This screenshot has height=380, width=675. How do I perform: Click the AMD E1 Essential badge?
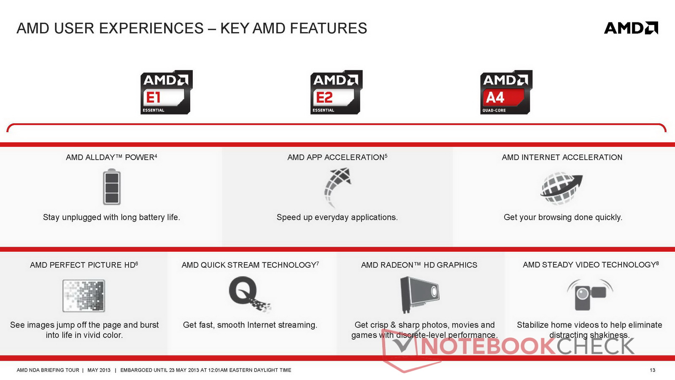pyautogui.click(x=166, y=92)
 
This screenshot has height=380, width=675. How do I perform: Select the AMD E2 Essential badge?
pyautogui.click(x=336, y=92)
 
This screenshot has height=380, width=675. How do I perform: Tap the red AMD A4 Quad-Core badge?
pyautogui.click(x=506, y=92)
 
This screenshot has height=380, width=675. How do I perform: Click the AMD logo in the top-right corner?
pyautogui.click(x=631, y=28)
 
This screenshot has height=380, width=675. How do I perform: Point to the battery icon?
pyautogui.click(x=112, y=187)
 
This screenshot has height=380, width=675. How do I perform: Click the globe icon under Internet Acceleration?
pyautogui.click(x=561, y=188)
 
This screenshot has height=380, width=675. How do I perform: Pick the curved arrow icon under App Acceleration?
pyautogui.click(x=337, y=187)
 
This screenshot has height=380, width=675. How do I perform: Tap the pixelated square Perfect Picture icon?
pyautogui.click(x=84, y=296)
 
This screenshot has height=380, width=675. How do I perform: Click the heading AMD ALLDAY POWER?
pyautogui.click(x=111, y=157)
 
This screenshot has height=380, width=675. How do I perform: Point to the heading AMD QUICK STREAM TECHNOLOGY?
pyautogui.click(x=250, y=265)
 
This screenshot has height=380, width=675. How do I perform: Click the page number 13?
pyautogui.click(x=652, y=370)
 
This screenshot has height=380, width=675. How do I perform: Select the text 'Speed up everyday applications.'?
pyautogui.click(x=337, y=217)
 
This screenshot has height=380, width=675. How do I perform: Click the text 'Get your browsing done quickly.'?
pyautogui.click(x=563, y=217)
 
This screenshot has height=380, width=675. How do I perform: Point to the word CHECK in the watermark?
pyautogui.click(x=595, y=346)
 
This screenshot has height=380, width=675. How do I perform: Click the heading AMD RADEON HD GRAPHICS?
pyautogui.click(x=419, y=265)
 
